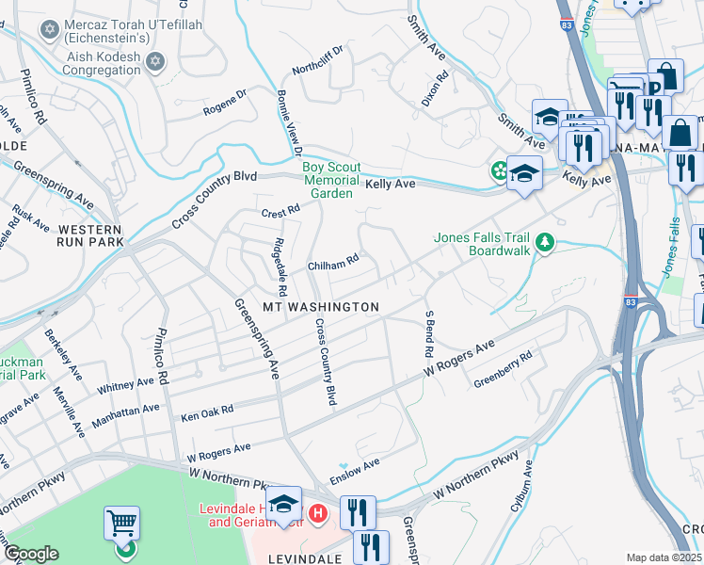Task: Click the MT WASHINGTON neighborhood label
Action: (320, 308)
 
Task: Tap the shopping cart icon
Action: (121, 524)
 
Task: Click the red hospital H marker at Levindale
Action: (318, 514)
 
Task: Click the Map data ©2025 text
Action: (664, 557)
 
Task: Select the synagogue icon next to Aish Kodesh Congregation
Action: (155, 63)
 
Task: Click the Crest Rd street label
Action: (280, 212)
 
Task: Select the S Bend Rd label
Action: (428, 333)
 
